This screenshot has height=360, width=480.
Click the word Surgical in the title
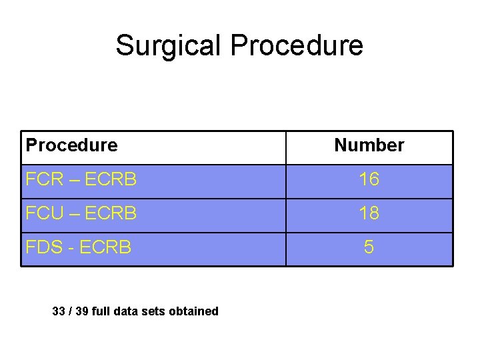point(169,45)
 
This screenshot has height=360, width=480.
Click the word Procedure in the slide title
point(297,45)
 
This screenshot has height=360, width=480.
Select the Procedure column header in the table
point(71,145)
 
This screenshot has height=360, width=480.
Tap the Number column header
point(369,145)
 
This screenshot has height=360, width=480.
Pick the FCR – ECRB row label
point(81,179)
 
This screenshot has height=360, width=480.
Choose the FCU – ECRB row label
point(81,213)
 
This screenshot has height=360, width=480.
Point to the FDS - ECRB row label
point(78,247)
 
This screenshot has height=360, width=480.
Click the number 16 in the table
point(369,179)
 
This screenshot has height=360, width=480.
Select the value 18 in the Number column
point(369,213)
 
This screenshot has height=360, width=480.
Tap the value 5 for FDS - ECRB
point(369,247)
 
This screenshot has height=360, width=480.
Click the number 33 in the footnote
point(59,311)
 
